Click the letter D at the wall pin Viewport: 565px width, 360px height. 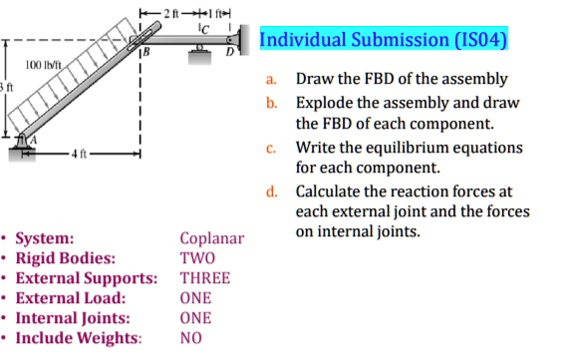pos(229,51)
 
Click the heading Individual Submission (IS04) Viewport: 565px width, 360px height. pos(383,41)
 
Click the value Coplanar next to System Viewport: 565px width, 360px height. pos(211,239)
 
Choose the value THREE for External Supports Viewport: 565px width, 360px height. pos(204,278)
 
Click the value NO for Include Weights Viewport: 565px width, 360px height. pos(191,338)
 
